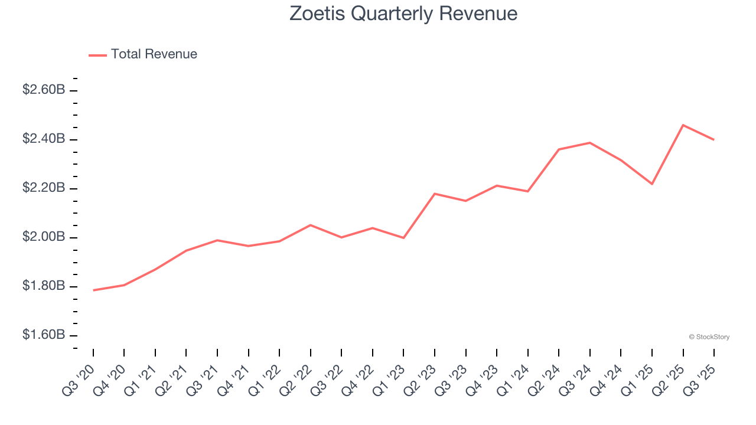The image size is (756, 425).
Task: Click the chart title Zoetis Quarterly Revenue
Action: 403,14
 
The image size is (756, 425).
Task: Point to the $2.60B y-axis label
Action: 44,90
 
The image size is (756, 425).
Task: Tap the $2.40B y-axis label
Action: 44,139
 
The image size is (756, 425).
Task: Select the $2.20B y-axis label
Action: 44,188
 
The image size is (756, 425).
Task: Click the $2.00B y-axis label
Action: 44,237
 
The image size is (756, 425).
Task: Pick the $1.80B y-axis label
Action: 44,286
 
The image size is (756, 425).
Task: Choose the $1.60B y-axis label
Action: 44,335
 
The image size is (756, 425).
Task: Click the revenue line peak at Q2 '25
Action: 683,125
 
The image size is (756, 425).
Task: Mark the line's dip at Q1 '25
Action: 652,184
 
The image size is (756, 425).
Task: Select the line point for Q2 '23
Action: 435,194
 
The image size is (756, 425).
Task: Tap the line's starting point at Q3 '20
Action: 93,290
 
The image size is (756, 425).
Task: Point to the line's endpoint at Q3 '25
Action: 714,140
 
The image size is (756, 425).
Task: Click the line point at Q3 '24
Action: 590,143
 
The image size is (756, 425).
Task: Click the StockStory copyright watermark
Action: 709,337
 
